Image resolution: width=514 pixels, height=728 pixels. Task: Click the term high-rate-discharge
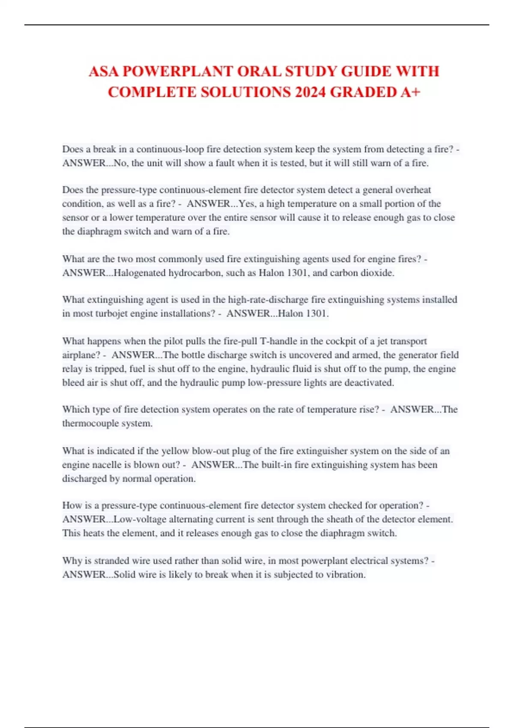(x=268, y=300)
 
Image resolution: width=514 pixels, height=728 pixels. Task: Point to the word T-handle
(x=278, y=341)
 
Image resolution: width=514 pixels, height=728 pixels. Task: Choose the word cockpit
(x=343, y=341)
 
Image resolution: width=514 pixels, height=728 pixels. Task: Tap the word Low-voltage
(x=140, y=519)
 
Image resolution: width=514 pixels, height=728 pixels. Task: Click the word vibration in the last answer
(x=346, y=575)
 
